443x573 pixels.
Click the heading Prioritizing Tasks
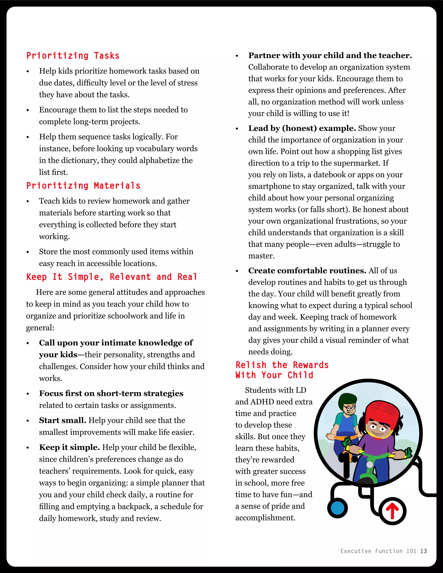tap(73, 56)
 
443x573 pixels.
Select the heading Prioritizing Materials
tap(83, 186)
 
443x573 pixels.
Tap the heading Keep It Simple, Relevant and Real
tap(112, 277)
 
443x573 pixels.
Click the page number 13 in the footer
tap(423, 551)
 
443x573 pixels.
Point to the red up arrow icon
tap(392, 511)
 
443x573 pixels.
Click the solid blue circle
tap(337, 508)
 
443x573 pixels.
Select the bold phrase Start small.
tap(63, 420)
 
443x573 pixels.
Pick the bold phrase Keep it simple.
tap(69, 447)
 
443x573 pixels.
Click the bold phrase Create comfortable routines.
tap(307, 270)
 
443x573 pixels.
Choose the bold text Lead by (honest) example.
tap(302, 128)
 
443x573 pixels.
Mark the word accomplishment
tap(265, 518)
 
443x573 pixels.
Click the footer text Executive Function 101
tap(378, 551)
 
